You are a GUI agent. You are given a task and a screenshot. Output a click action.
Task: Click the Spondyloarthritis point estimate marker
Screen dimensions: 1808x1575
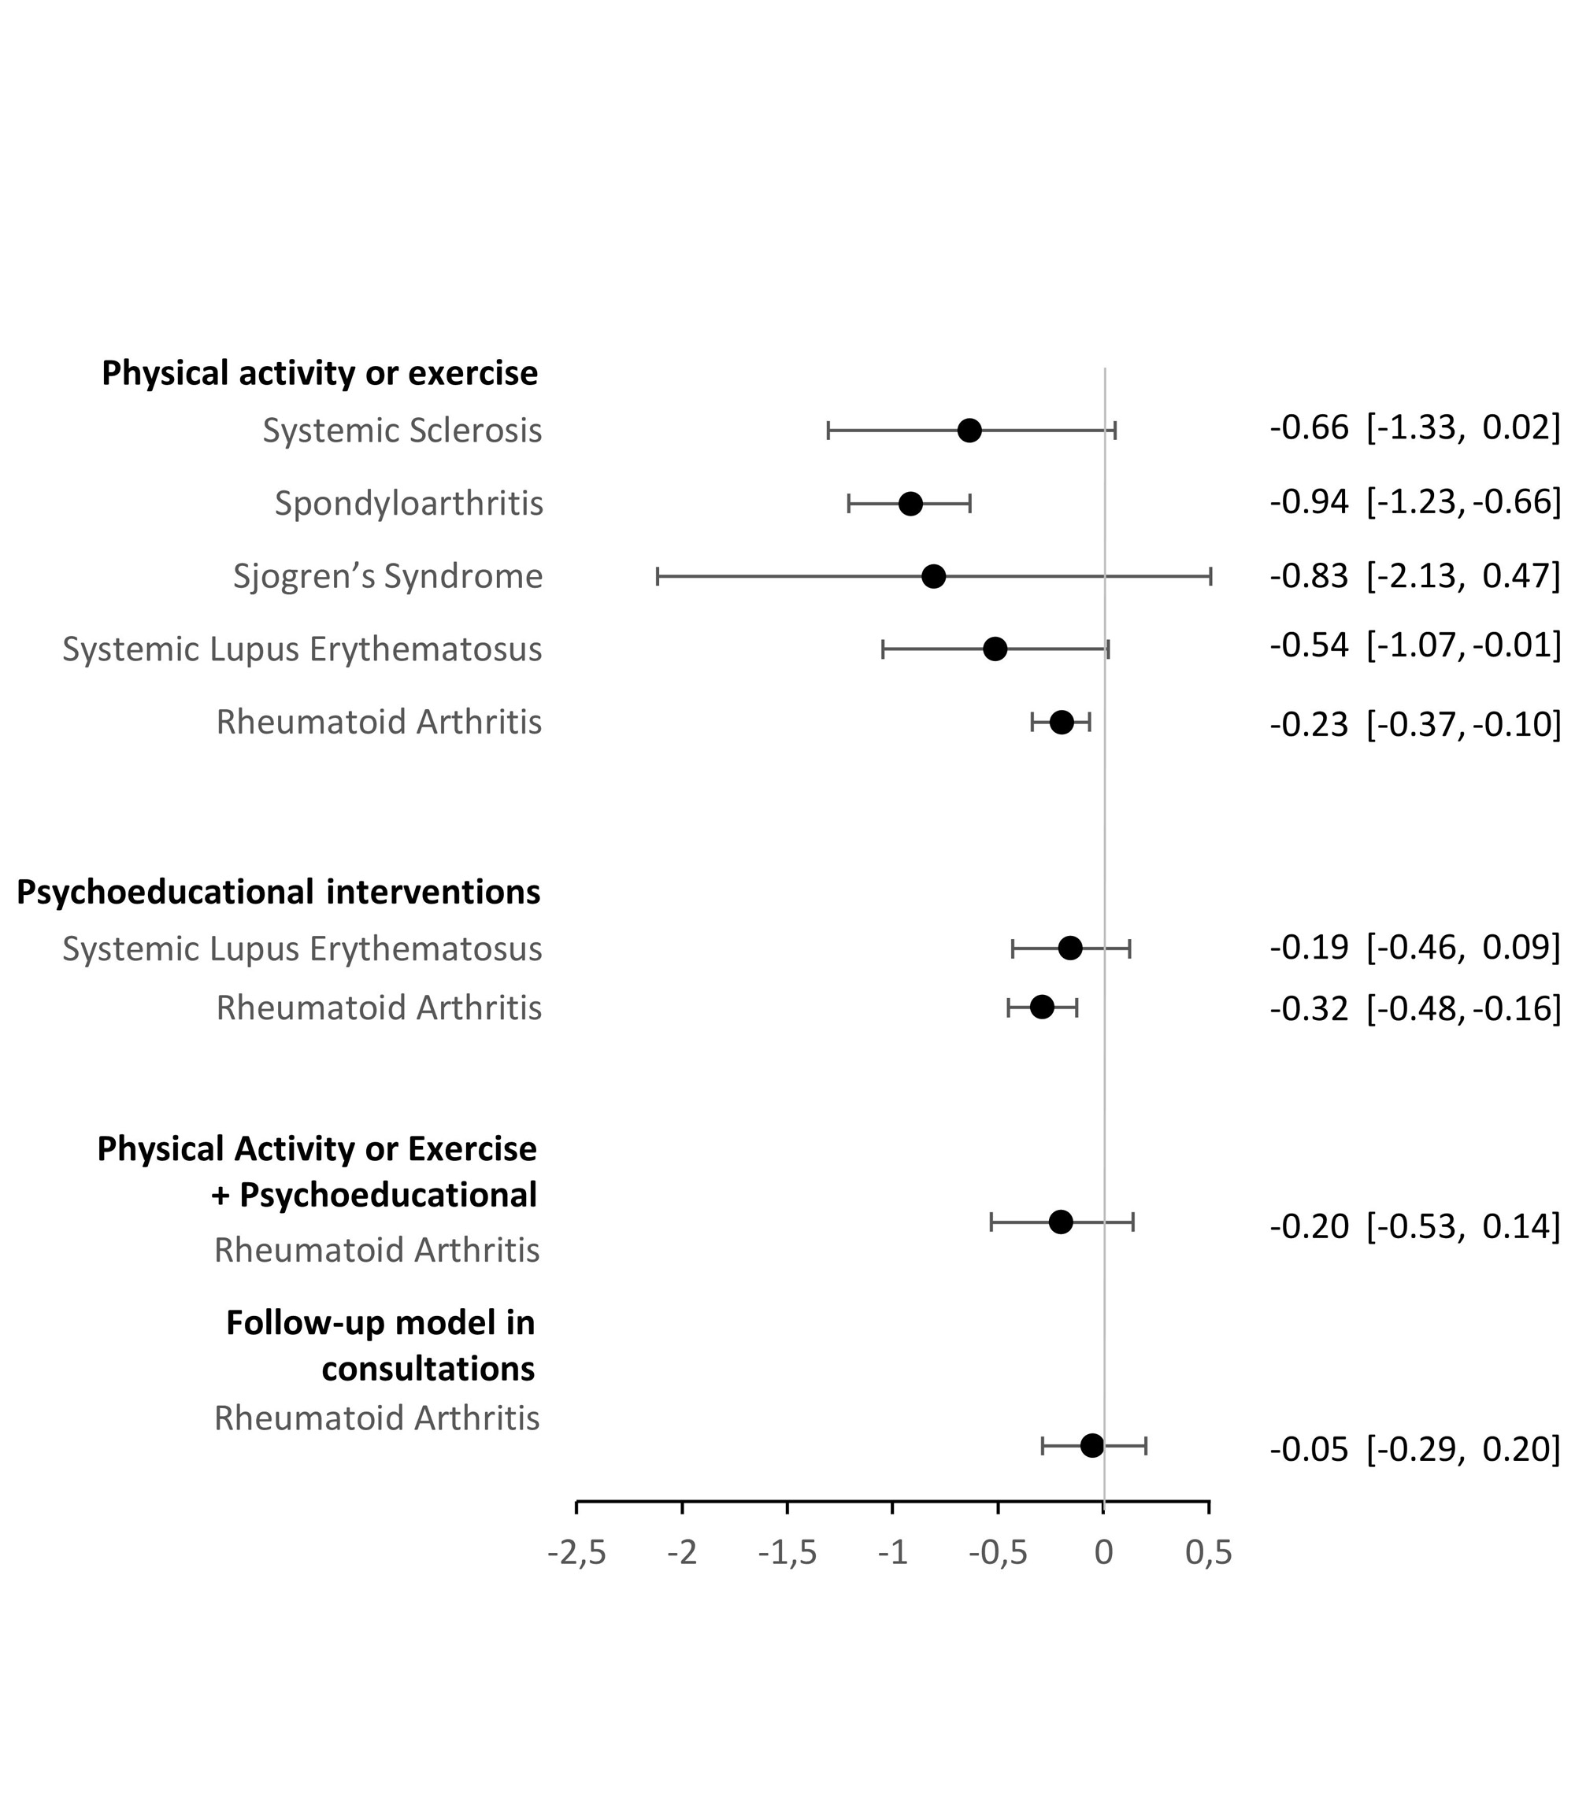click(910, 505)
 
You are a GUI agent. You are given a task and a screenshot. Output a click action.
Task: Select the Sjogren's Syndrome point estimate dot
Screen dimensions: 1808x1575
click(933, 577)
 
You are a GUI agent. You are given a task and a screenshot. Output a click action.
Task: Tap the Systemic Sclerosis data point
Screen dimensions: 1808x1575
click(969, 431)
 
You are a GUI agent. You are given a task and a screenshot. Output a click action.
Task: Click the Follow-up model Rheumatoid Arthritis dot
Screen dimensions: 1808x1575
click(1091, 1445)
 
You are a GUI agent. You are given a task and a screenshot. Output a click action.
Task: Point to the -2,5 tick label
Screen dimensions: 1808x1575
click(576, 1552)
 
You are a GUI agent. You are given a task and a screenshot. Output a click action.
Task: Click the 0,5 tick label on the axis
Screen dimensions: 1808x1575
click(1209, 1552)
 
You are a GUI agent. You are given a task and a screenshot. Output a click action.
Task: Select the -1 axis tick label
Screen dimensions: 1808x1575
click(892, 1552)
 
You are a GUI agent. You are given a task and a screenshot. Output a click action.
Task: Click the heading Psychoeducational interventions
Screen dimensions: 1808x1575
click(279, 892)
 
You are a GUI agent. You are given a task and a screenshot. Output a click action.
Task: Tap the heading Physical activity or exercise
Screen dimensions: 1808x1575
click(320, 373)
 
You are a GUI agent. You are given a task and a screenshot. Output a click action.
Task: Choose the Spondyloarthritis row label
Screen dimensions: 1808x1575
click(409, 504)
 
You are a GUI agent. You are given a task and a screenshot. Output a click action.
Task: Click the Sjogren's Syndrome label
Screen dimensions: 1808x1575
click(387, 576)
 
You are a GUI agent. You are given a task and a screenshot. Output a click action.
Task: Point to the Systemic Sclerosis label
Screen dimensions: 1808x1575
click(402, 431)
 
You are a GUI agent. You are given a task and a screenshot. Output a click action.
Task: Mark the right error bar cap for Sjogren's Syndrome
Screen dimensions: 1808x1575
click(1211, 577)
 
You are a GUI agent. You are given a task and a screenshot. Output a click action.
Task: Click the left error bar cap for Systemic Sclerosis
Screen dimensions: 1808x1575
click(828, 431)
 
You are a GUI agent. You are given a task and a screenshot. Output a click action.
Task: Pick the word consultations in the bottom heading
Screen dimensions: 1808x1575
click(428, 1368)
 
